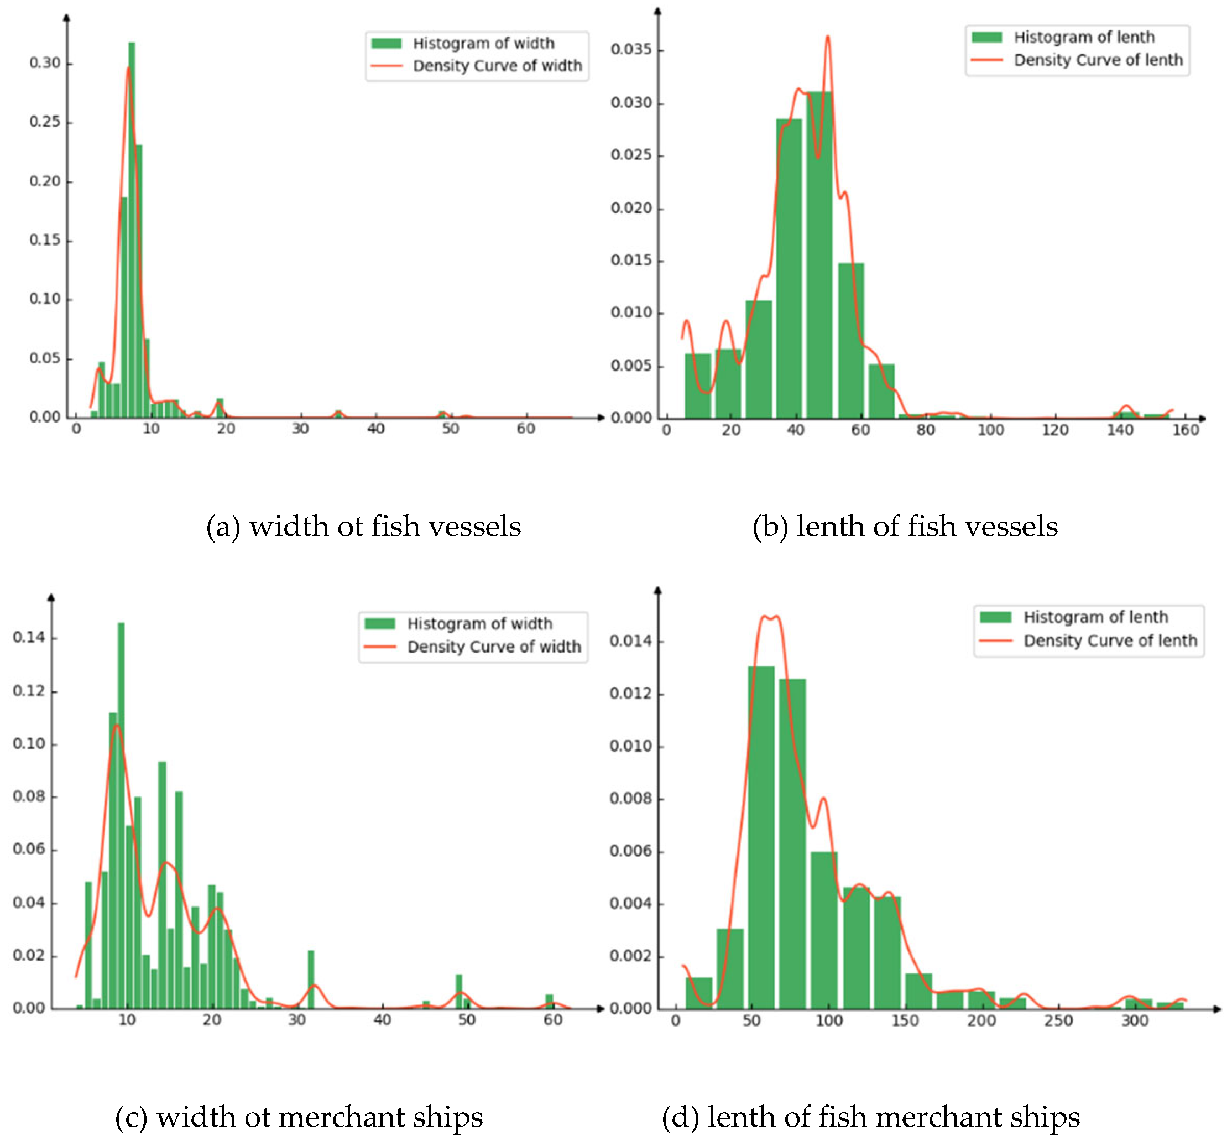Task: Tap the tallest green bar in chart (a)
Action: coord(132,228)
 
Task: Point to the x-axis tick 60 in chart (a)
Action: coord(525,429)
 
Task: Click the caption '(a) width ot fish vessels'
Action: coord(363,527)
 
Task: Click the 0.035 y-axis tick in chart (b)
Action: coord(631,49)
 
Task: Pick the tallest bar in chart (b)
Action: coord(819,253)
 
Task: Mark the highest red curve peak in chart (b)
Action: coord(828,37)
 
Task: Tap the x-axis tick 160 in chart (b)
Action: coord(1184,430)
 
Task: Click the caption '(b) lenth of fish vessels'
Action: coord(905,527)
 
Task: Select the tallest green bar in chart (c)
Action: coord(121,815)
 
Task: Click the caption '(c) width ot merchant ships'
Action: coord(299,1118)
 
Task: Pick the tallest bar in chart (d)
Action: coord(761,837)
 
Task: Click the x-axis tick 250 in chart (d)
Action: coord(1058,1020)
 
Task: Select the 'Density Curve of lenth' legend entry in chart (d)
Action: coord(1110,641)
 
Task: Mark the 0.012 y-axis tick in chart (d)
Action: coord(630,694)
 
